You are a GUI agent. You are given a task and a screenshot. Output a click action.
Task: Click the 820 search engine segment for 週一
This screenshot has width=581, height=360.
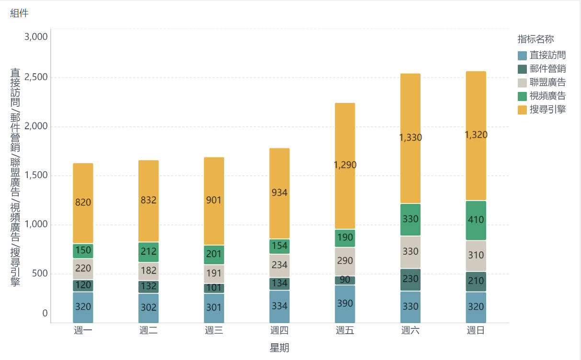[x=83, y=203]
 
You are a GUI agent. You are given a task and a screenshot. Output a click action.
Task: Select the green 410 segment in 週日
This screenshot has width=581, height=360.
[x=476, y=220]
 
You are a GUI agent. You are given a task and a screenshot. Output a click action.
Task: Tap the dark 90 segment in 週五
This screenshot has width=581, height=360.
[x=345, y=280]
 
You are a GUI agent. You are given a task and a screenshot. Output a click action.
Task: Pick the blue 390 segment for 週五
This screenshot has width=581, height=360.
[x=345, y=304]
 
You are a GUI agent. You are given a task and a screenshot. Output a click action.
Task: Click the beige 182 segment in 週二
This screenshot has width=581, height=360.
[x=148, y=271]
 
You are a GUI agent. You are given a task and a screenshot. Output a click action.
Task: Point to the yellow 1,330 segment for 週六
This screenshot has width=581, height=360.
[x=410, y=138]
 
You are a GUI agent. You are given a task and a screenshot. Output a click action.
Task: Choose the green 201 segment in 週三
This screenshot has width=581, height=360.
[x=214, y=255]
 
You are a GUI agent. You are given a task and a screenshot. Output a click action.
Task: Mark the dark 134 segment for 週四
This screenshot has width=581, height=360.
[x=279, y=284]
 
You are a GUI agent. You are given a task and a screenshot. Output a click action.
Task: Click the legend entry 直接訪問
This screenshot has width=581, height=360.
[x=547, y=56]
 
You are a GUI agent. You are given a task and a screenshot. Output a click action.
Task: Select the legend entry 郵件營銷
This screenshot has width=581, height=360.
[x=547, y=69]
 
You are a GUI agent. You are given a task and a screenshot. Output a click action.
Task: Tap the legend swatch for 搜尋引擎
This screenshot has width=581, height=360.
[x=523, y=110]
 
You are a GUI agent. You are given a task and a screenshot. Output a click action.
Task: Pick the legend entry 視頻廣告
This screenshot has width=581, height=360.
[x=547, y=96]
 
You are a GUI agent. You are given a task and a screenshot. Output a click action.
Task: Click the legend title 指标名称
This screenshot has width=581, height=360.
[x=535, y=39]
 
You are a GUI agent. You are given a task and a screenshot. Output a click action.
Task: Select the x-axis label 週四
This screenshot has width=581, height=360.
[x=279, y=330]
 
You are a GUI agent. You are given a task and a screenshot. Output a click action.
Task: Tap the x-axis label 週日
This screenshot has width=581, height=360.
[x=476, y=330]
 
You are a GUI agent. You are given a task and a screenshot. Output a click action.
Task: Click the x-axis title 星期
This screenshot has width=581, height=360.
[x=279, y=348]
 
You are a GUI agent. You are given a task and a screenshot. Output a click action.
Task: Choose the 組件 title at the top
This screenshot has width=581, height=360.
[x=19, y=13]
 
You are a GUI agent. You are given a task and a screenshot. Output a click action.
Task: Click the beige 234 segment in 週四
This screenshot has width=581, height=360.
[x=279, y=265]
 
